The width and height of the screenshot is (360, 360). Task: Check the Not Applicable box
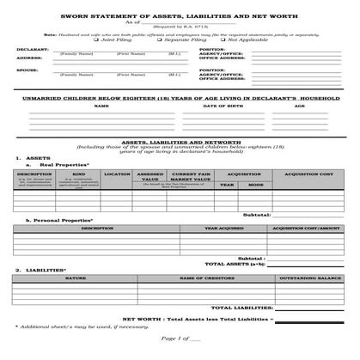(223, 39)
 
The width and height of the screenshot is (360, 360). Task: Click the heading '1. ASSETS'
(29, 158)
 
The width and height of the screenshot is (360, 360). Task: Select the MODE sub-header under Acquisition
(256, 185)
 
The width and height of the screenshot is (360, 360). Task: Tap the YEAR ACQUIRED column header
(223, 229)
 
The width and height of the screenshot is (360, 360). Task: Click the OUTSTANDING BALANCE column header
(307, 278)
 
